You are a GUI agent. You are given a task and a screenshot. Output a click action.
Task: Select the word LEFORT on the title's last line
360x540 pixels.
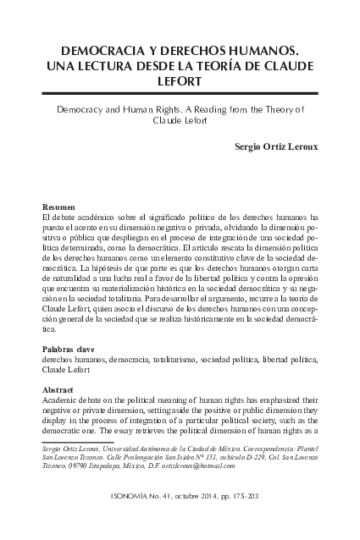click(x=180, y=81)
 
